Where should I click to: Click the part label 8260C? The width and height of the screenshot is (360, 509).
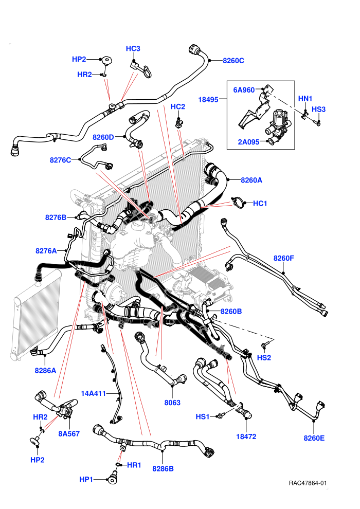coord(233,61)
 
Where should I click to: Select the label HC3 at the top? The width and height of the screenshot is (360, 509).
coord(133,49)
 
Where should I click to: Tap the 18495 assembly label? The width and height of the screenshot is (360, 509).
coord(208,100)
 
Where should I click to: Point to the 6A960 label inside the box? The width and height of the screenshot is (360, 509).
coord(244,90)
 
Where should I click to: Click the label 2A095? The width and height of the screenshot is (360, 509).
coord(248,142)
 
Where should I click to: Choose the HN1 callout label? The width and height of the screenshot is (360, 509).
coord(305,98)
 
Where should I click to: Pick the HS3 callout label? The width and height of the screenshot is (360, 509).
coord(319,110)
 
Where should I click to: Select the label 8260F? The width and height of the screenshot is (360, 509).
coord(284,259)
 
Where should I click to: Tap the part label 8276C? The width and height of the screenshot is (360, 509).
coord(60,160)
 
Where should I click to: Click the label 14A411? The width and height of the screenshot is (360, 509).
coord(94,394)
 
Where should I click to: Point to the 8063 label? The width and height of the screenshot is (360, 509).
coord(172,403)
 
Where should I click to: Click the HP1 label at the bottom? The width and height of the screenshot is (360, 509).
coord(86,480)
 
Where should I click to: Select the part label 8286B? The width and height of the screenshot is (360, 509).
coord(163,469)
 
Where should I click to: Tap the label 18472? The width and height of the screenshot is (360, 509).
coord(246,437)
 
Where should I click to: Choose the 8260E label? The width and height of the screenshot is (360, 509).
coord(314,438)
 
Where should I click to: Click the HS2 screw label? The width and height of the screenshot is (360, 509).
coord(264,358)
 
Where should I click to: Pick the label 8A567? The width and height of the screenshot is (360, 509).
coord(69,434)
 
